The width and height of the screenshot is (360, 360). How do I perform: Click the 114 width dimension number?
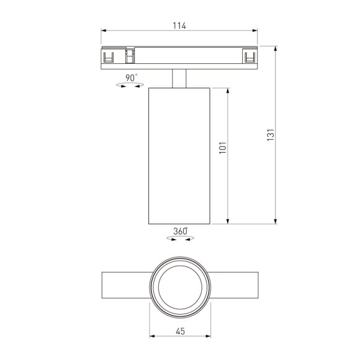click(179, 25)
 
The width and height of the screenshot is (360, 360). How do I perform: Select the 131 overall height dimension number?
click(270, 135)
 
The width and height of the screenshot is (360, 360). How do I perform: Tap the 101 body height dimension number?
click(222, 148)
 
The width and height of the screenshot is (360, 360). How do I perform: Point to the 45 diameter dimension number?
click(180, 332)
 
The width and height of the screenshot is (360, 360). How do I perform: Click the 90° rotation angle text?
click(131, 78)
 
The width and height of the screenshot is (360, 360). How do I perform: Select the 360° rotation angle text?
click(181, 231)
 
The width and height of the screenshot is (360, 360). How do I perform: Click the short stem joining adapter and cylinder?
click(179, 78)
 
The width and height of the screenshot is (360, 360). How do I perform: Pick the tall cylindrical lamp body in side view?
click(179, 155)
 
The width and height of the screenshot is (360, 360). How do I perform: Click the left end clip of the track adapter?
click(109, 57)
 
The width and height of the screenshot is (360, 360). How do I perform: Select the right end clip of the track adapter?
click(250, 57)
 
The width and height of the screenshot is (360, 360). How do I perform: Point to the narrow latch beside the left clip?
click(130, 56)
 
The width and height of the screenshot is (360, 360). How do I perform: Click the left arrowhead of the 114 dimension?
click(104, 31)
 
